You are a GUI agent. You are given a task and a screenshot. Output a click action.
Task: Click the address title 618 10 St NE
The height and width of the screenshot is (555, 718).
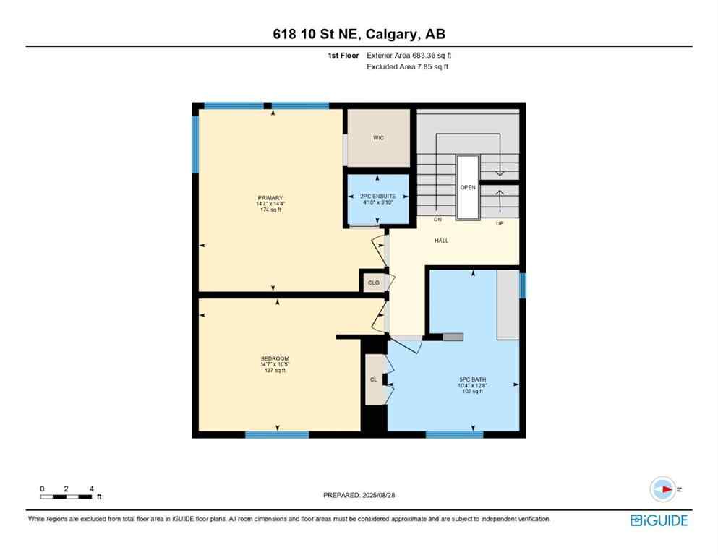click(x=359, y=35)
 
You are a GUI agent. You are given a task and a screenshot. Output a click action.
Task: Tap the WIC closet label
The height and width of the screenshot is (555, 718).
click(x=377, y=137)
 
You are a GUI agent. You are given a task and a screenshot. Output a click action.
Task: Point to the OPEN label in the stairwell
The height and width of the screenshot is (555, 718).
click(x=468, y=186)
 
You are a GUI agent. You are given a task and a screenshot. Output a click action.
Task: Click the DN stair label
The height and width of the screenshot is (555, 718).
click(x=437, y=219)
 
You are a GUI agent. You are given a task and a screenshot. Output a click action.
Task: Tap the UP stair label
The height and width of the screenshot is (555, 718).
click(x=499, y=223)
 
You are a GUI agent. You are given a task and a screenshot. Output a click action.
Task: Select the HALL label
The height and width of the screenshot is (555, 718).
click(x=441, y=241)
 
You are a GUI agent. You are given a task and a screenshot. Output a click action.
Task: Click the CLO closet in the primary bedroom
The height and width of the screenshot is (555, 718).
click(x=373, y=283)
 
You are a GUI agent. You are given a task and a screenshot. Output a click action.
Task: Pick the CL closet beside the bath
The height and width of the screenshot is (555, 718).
click(x=374, y=379)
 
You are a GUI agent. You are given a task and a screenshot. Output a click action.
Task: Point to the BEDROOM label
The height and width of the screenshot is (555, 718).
click(x=275, y=359)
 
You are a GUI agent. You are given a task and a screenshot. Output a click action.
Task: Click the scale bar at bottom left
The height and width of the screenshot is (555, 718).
click(x=67, y=496)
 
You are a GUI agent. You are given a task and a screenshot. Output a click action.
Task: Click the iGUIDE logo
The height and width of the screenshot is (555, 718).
click(x=659, y=520)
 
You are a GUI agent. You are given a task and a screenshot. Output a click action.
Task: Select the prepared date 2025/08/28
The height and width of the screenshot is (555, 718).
click(x=359, y=495)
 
